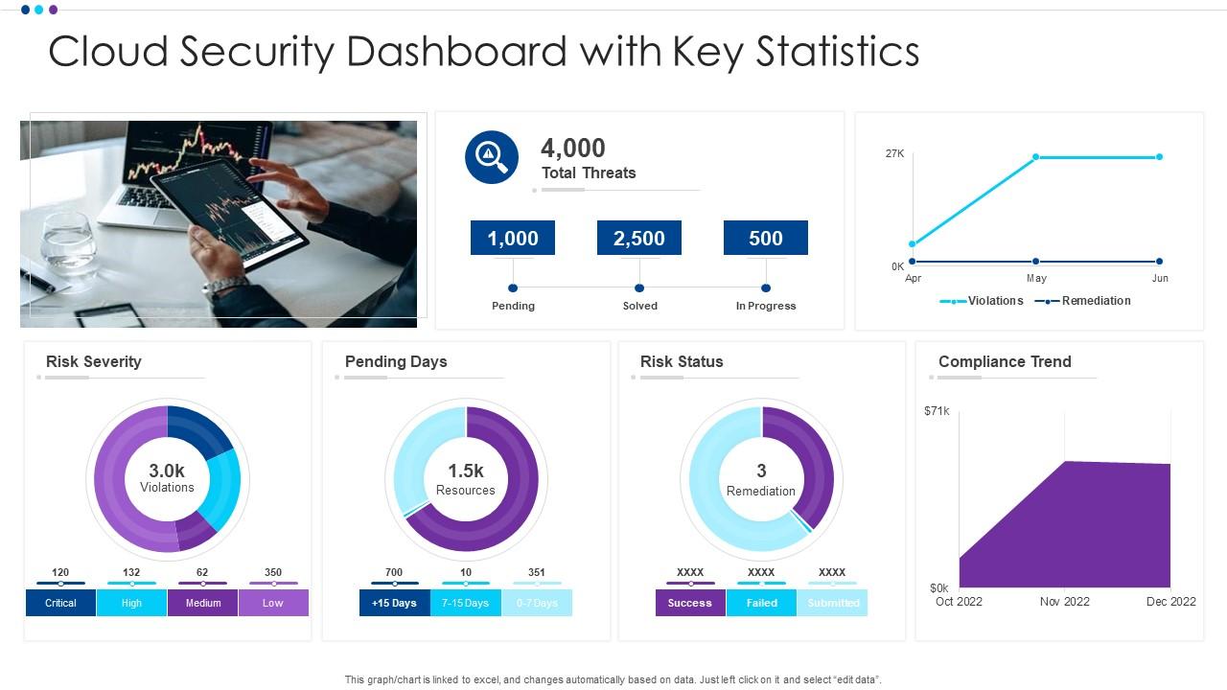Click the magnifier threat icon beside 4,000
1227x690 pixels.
click(491, 157)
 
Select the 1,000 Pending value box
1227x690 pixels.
click(513, 238)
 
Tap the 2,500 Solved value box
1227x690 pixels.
click(639, 238)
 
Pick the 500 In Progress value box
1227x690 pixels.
click(766, 238)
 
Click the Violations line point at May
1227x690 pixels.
click(1036, 157)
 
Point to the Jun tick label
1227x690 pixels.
click(1160, 278)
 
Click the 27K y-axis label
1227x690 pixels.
click(894, 153)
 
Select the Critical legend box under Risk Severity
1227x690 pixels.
click(60, 603)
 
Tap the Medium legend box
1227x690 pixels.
click(202, 603)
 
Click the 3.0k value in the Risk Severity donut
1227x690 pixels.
click(167, 471)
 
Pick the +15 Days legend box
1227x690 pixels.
click(395, 603)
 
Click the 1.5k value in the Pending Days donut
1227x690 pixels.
click(466, 471)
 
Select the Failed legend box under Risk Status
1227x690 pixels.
click(761, 603)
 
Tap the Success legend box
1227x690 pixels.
click(690, 603)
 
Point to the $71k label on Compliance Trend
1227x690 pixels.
click(937, 411)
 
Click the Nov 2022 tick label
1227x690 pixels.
click(1064, 602)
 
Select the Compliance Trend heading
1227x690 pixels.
click(1005, 361)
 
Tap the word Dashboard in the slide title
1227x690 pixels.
click(456, 52)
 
